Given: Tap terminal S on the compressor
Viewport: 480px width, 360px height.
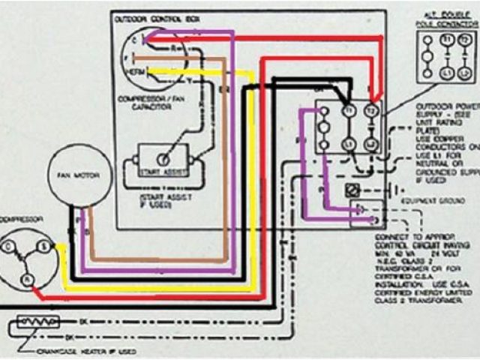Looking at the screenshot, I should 43,246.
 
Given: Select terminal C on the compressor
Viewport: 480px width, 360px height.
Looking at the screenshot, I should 10,247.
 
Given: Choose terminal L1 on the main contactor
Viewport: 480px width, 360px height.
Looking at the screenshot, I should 348,142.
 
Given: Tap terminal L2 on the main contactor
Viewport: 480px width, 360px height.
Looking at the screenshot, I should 370,142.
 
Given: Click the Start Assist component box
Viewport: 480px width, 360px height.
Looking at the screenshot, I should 161,160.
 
